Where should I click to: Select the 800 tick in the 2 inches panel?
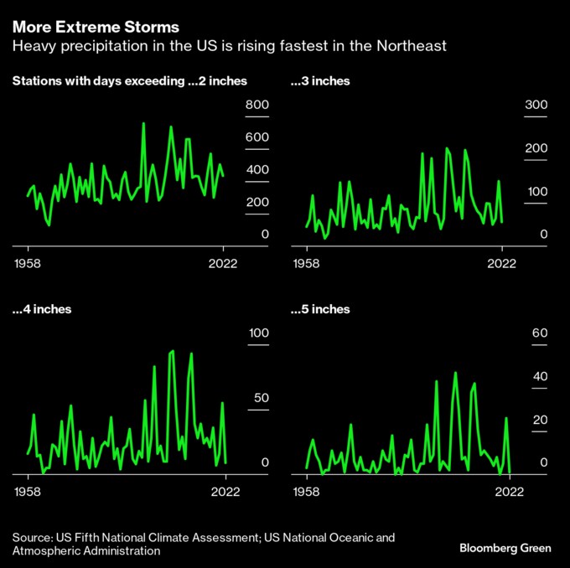(x=257, y=105)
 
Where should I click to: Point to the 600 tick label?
(x=257, y=137)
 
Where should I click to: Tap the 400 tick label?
(x=257, y=170)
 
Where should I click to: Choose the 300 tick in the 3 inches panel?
(x=536, y=105)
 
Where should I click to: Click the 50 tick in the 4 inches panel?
(x=261, y=398)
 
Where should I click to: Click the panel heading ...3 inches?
(x=319, y=81)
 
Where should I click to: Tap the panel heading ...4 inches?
(x=42, y=309)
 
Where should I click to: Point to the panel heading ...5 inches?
(x=319, y=309)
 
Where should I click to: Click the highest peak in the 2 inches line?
(x=143, y=123)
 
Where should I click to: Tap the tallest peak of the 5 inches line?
(x=455, y=373)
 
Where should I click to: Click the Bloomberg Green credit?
(x=505, y=548)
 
